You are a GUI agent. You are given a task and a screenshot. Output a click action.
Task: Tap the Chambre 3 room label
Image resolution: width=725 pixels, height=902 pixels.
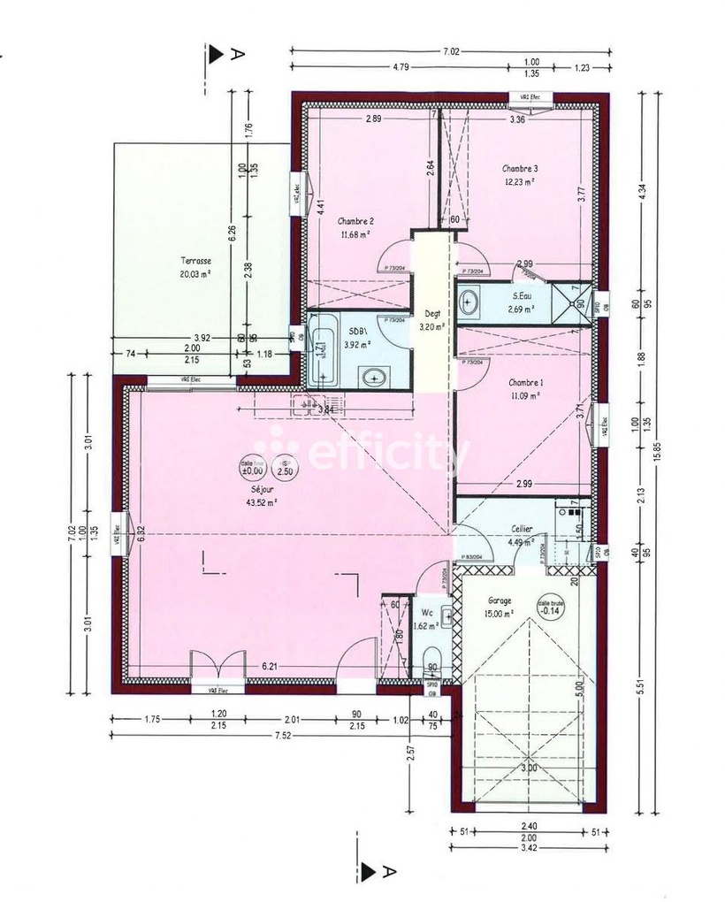(520, 168)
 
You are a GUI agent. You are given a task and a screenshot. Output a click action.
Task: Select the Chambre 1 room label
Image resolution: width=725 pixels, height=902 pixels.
(526, 382)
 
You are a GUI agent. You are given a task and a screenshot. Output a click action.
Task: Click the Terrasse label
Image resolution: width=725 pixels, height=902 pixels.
(196, 261)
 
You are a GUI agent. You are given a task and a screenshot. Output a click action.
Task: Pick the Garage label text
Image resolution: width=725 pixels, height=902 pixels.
(499, 600)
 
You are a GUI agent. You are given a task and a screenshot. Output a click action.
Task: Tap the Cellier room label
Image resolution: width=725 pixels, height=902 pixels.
(522, 529)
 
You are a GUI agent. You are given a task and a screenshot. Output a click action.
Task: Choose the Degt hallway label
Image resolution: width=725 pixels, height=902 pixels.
(431, 312)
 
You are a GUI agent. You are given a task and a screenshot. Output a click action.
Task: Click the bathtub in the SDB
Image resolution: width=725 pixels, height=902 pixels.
(323, 348)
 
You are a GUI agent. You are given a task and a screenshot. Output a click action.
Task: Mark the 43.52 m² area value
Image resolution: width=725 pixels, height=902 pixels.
(263, 501)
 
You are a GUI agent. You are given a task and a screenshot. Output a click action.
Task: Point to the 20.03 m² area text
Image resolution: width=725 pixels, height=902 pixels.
(196, 274)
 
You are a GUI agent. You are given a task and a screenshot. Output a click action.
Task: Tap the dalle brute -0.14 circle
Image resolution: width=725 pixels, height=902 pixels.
(552, 606)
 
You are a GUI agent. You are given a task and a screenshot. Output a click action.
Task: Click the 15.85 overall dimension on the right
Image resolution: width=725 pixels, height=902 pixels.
(655, 451)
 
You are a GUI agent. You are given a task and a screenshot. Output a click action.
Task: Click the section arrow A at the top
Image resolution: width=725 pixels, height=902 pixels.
(217, 54)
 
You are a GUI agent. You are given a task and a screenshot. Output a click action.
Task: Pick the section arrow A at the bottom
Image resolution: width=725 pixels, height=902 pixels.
(369, 873)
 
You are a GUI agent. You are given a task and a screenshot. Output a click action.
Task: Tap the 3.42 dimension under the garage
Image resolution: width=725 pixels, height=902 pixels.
(529, 848)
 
